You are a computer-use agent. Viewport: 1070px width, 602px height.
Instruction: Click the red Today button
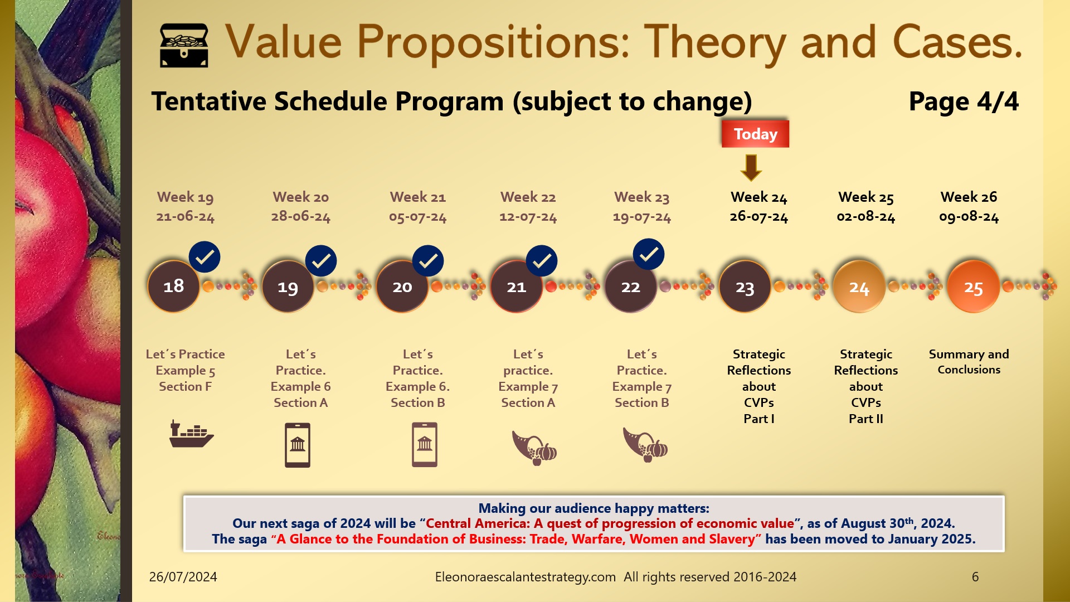[755, 134]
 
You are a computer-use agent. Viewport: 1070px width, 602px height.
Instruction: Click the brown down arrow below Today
[751, 167]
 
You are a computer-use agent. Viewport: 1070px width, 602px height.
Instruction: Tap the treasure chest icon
[184, 46]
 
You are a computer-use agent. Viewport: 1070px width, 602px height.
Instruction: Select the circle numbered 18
[174, 287]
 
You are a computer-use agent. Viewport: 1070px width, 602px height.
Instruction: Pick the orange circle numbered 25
[973, 288]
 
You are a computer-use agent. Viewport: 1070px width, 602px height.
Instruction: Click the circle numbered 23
[745, 288]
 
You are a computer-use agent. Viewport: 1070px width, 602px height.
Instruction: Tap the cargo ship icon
[191, 434]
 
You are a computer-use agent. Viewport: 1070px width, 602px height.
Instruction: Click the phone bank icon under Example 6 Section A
[298, 445]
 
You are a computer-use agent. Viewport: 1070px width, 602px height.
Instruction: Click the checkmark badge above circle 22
[648, 255]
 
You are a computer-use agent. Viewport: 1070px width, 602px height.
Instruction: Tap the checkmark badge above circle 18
[205, 257]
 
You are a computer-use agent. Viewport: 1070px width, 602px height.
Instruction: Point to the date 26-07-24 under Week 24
[758, 217]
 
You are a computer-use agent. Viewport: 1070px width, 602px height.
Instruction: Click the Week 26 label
[969, 197]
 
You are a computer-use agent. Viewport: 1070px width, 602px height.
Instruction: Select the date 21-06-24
[185, 217]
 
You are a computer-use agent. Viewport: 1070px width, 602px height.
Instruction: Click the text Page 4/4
[963, 102]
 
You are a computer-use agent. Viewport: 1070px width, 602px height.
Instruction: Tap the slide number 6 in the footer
[975, 577]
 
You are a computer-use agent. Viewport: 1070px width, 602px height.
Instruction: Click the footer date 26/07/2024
[183, 577]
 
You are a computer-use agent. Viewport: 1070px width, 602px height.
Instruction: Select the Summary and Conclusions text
[969, 361]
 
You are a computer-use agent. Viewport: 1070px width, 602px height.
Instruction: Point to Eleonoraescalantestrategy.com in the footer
[525, 577]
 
